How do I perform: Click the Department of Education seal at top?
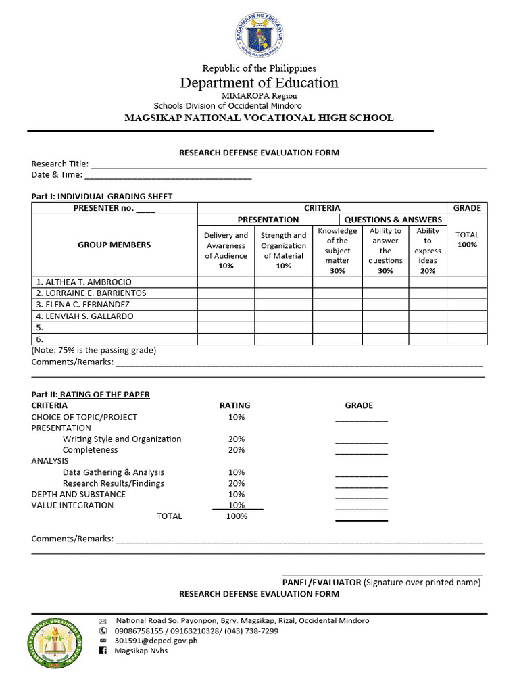(259, 32)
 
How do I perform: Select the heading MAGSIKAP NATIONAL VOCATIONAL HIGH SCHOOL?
(259, 118)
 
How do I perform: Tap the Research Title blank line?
(289, 164)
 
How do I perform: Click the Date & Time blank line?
(168, 175)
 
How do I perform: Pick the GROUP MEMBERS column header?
(114, 245)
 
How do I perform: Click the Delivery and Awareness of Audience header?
(226, 250)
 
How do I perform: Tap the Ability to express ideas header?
(428, 250)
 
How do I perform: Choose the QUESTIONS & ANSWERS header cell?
(393, 220)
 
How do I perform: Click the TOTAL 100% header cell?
(467, 240)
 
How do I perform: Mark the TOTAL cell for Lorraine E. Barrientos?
(467, 293)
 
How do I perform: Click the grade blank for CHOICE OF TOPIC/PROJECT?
(362, 418)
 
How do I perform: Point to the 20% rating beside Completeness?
(237, 450)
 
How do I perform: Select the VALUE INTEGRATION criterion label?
(72, 505)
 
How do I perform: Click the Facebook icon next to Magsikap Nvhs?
(103, 651)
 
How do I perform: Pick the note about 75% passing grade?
(94, 351)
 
